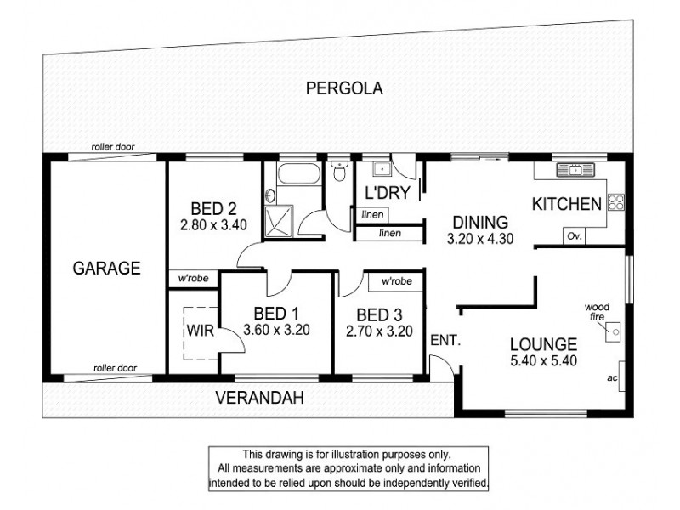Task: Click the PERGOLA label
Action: pos(346,87)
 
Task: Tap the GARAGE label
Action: pos(106,269)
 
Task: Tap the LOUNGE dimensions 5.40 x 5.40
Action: pos(544,361)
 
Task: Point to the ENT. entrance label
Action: pos(445,340)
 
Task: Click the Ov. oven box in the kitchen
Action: pos(575,237)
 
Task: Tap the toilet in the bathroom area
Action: pos(340,172)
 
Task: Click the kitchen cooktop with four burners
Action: pos(615,203)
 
